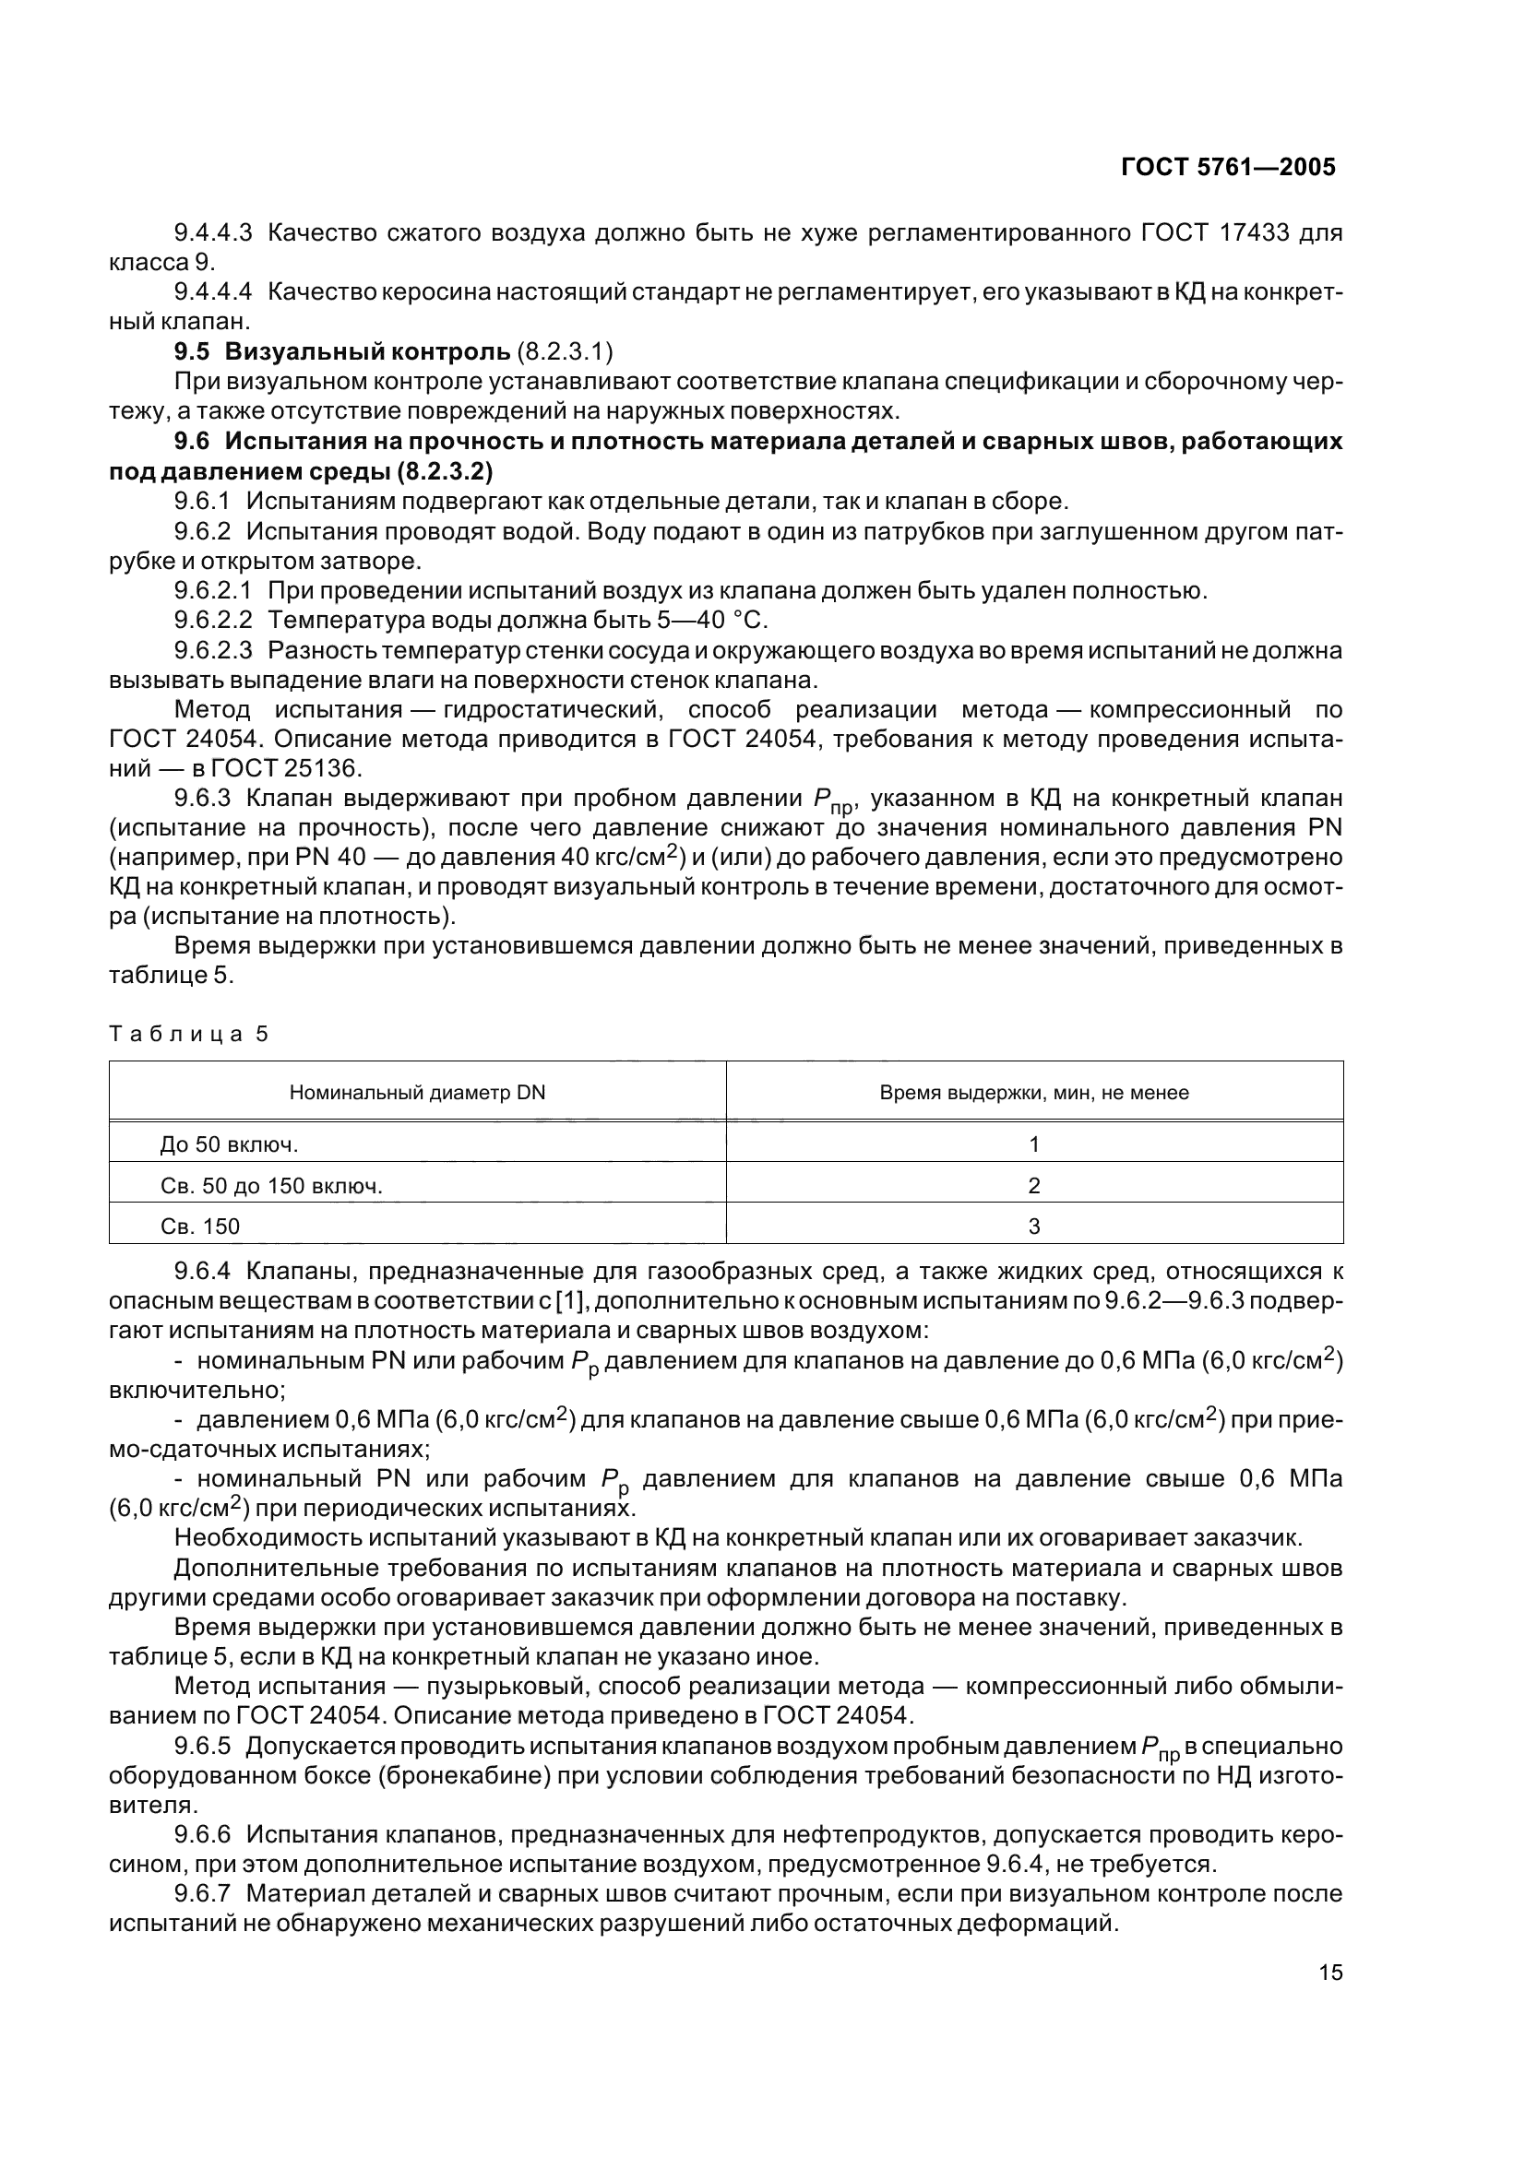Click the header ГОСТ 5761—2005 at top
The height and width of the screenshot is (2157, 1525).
(1228, 167)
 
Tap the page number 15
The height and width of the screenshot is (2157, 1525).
(1329, 1972)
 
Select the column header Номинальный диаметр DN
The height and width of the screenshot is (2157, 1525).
(417, 1093)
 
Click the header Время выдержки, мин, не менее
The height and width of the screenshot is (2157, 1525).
(1033, 1093)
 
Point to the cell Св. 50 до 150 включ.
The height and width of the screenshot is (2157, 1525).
(271, 1186)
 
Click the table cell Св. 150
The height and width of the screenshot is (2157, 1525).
(200, 1226)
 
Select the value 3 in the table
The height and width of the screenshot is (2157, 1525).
(1033, 1226)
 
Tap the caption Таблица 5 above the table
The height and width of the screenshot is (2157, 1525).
(189, 1035)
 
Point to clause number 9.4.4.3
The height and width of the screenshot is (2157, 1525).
(213, 232)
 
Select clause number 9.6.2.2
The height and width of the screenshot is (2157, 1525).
(213, 620)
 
